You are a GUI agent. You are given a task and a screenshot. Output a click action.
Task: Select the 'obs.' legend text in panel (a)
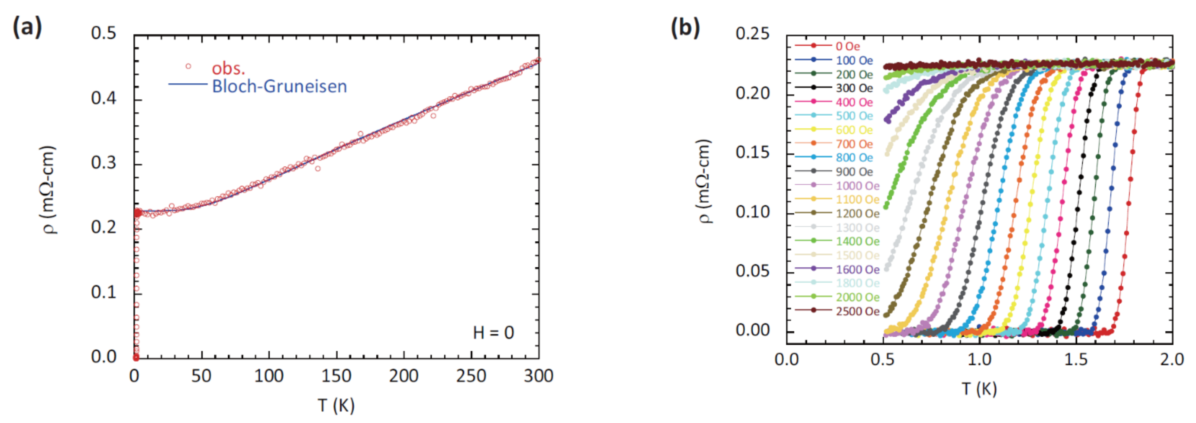[228, 69]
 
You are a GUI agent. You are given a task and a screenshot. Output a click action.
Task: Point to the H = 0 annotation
[493, 332]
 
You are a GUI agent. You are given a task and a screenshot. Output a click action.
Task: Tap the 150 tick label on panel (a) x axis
[336, 376]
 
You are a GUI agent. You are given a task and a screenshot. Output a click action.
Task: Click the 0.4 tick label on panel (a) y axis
[103, 98]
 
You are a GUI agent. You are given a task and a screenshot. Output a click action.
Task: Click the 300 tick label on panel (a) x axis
[538, 376]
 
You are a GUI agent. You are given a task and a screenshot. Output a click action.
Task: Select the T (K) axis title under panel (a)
[336, 405]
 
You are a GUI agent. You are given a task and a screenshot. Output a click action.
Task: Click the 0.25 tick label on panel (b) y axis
[752, 33]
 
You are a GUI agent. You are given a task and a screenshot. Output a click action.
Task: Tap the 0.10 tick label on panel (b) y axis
[752, 212]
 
